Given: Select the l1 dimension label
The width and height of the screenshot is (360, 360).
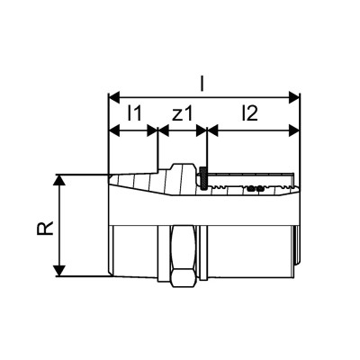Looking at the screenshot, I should click(x=132, y=114).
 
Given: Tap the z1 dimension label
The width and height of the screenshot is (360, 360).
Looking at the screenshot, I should click(x=182, y=114).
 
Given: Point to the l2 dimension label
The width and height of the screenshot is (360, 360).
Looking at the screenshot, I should click(x=251, y=114).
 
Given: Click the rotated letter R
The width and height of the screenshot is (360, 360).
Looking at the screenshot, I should click(x=46, y=224).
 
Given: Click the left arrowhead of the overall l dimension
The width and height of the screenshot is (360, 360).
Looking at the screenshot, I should click(x=112, y=94).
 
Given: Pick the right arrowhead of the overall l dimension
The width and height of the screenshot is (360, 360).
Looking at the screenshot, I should click(x=294, y=94).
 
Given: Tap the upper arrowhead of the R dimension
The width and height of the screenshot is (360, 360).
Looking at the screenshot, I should click(x=61, y=178).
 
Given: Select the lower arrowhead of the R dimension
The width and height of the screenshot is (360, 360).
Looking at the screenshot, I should click(x=61, y=272).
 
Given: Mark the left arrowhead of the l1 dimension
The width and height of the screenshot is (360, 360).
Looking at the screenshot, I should click(x=112, y=130).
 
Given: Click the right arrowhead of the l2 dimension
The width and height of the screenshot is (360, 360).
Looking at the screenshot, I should click(x=294, y=130).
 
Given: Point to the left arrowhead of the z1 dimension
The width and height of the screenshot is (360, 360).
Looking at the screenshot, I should click(x=163, y=130).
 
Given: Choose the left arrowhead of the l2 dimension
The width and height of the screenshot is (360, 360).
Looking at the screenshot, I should click(x=212, y=130).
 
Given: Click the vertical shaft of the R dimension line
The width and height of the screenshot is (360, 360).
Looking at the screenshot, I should click(x=61, y=225).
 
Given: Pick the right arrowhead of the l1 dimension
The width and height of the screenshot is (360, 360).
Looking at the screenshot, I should click(x=152, y=130).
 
